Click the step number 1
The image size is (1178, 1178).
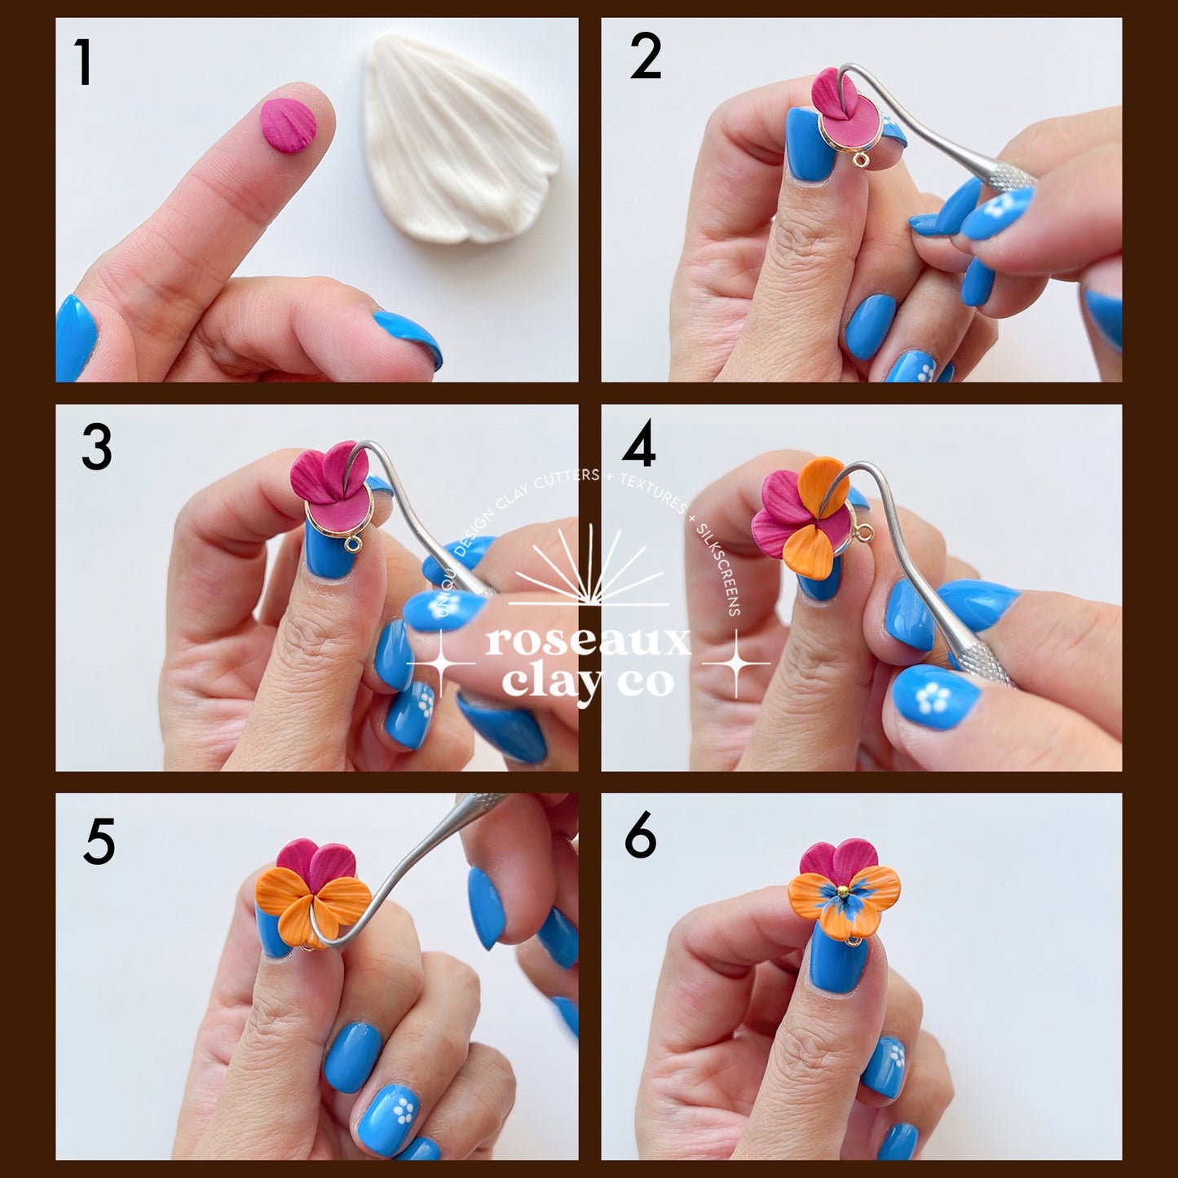pyautogui.click(x=82, y=63)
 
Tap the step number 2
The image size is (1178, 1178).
pyautogui.click(x=645, y=59)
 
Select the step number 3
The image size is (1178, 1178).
pyautogui.click(x=96, y=448)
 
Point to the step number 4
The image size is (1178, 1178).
pyautogui.click(x=638, y=445)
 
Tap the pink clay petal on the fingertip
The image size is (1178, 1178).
pyautogui.click(x=288, y=125)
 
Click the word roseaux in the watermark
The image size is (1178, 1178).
pyautogui.click(x=587, y=642)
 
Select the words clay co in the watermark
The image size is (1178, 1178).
pyautogui.click(x=587, y=682)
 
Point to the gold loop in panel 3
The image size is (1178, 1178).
pyautogui.click(x=352, y=544)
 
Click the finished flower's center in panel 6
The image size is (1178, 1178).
pyautogui.click(x=843, y=892)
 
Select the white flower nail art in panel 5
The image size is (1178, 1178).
pyautogui.click(x=403, y=1110)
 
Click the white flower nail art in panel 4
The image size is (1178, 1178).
pyautogui.click(x=932, y=699)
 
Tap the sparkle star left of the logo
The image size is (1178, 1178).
pyautogui.click(x=441, y=664)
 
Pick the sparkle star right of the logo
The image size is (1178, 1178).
pyautogui.click(x=736, y=664)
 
